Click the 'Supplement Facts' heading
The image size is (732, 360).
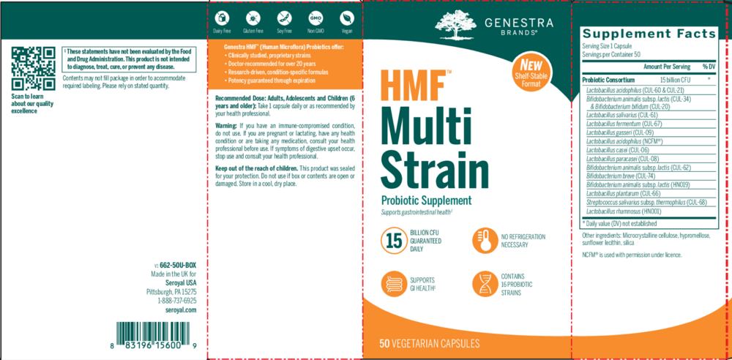click(648, 34)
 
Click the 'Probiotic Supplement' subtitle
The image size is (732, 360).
click(425, 200)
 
